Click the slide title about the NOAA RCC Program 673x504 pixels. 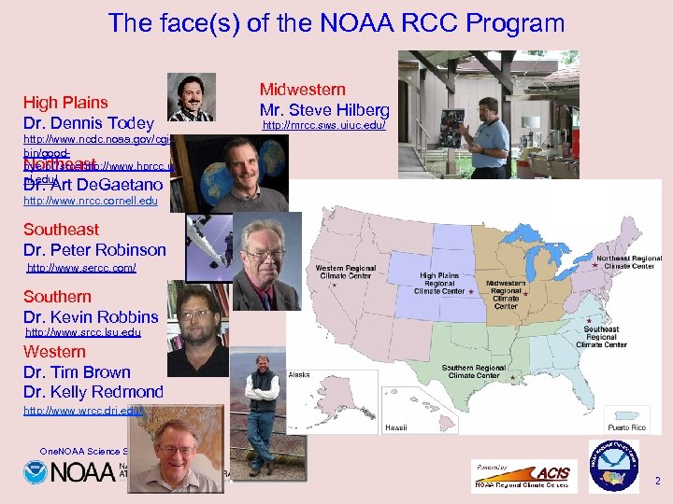[x=336, y=23]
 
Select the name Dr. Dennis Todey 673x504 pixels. [x=89, y=123]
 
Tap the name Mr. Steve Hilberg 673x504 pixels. [x=324, y=110]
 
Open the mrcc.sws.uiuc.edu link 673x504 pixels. [x=323, y=125]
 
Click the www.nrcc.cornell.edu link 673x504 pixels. [x=91, y=201]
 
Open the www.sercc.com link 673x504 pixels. [x=81, y=268]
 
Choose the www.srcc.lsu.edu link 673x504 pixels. [x=83, y=331]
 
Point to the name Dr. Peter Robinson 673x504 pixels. [x=94, y=250]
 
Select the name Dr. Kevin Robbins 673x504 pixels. [x=91, y=317]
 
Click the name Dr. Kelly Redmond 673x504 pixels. [x=93, y=392]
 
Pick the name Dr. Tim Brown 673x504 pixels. [x=77, y=372]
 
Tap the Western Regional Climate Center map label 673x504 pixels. [x=347, y=273]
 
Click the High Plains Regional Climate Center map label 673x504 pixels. [x=440, y=284]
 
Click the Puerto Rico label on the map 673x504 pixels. [x=625, y=427]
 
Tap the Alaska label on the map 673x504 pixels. [x=299, y=374]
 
